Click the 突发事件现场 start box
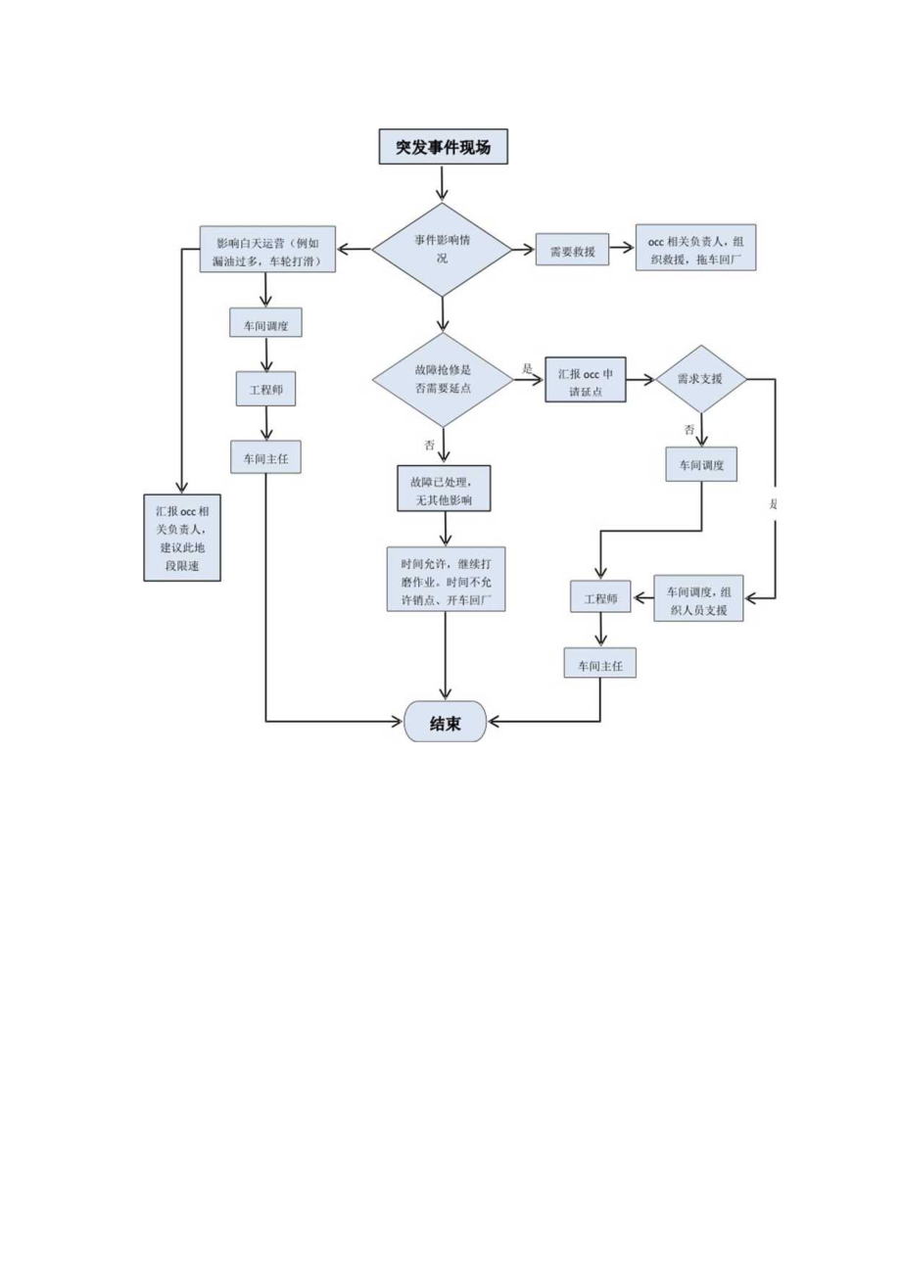[443, 148]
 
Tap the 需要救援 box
[572, 250]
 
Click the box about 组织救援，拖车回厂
[695, 249]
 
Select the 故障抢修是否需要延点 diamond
[443, 378]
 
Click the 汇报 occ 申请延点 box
[585, 378]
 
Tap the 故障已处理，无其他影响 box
[443, 488]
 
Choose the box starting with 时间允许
[446, 579]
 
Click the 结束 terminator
[445, 722]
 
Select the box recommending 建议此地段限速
[182, 538]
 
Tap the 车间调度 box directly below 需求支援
[701, 465]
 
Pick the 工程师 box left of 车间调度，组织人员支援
[600, 597]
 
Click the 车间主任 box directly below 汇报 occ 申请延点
[600, 664]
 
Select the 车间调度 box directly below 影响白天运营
[265, 323]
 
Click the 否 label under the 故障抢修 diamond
[429, 445]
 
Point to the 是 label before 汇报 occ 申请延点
[527, 369]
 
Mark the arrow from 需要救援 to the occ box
[622, 250]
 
